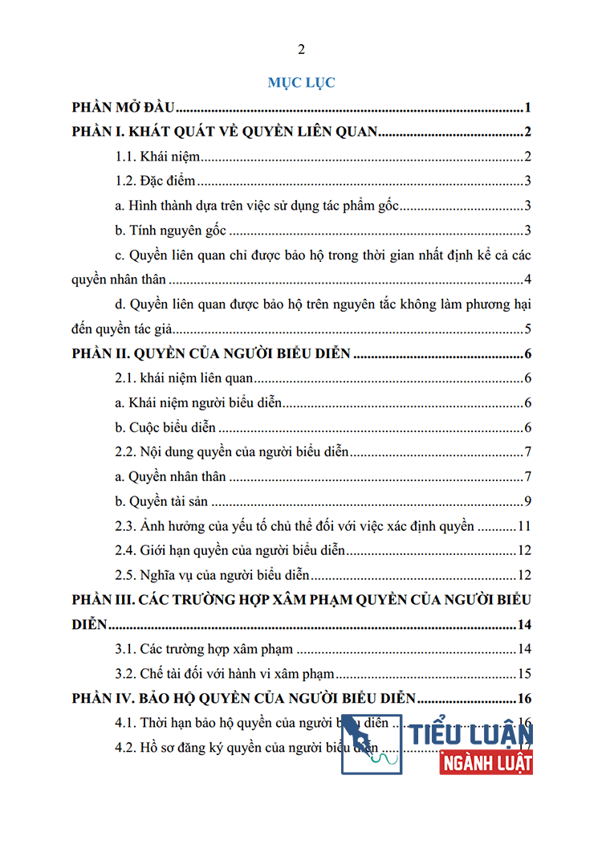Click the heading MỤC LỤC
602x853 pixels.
tap(301, 82)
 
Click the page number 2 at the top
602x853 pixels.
tap(301, 50)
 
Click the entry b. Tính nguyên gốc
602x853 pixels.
tap(172, 231)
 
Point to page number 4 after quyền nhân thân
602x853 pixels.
tap(528, 280)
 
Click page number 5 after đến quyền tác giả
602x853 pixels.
tap(528, 329)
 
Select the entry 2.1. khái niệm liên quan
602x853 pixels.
tap(185, 378)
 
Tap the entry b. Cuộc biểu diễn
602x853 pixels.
tap(165, 427)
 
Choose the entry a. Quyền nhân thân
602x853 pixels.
tap(171, 476)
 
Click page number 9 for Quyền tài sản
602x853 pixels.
tap(528, 502)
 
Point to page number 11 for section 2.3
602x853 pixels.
tap(525, 527)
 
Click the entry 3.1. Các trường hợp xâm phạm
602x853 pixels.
tap(205, 649)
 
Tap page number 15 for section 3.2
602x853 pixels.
tap(525, 674)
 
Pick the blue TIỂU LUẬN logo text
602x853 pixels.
tap(470, 733)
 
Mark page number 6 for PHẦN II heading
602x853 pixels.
tap(528, 354)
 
